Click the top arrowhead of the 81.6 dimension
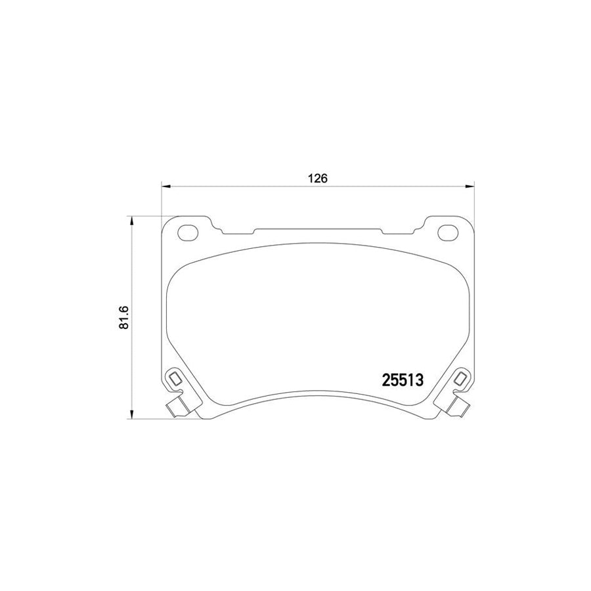133,221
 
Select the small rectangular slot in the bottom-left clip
175,379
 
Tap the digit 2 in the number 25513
387,380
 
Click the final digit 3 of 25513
424,380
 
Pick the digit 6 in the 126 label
324,178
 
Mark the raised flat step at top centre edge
318,230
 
